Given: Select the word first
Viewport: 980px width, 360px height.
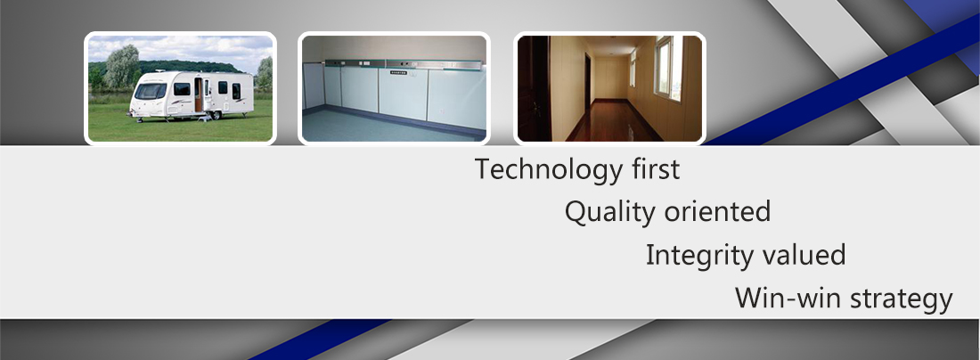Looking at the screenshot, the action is coord(656,168).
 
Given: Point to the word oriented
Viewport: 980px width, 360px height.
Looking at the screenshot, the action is coord(717,212).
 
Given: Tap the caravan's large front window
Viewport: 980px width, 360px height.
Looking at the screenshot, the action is coord(151,91).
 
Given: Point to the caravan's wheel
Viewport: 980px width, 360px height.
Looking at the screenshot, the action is coord(216,115).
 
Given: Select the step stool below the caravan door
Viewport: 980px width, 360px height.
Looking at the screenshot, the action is coord(202,119).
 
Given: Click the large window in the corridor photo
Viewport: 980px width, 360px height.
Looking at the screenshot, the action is coord(668,68).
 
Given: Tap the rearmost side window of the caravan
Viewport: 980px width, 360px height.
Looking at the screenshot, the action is coord(236,91).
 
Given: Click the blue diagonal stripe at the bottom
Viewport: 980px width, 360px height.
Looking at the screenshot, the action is coord(320,340).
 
